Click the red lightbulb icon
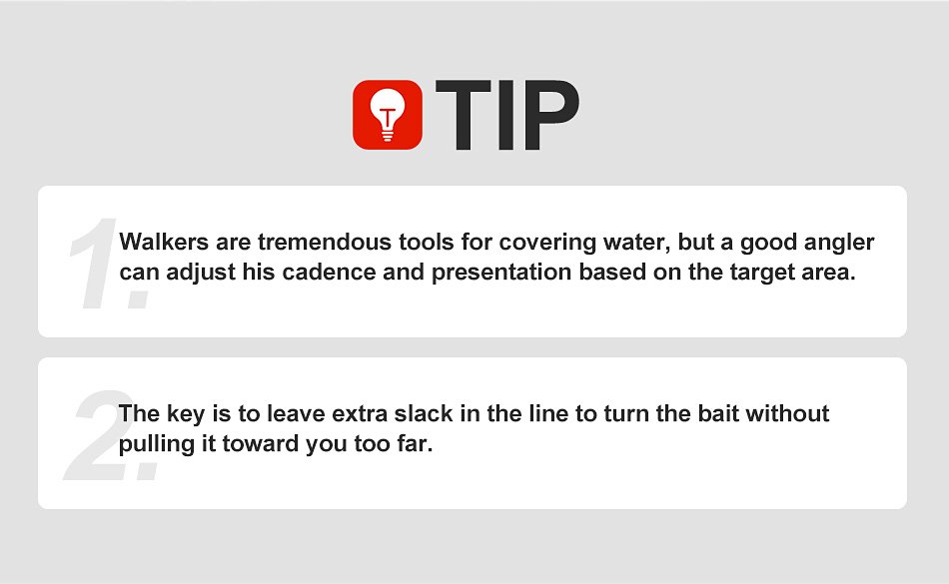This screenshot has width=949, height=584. point(388,115)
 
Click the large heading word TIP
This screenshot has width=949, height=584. point(507,115)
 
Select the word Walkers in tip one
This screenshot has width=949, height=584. point(164,242)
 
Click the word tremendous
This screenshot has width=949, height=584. point(325,242)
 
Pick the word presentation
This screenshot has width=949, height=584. point(501,274)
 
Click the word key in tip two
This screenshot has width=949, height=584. point(185,414)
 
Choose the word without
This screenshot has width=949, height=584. point(787,413)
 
